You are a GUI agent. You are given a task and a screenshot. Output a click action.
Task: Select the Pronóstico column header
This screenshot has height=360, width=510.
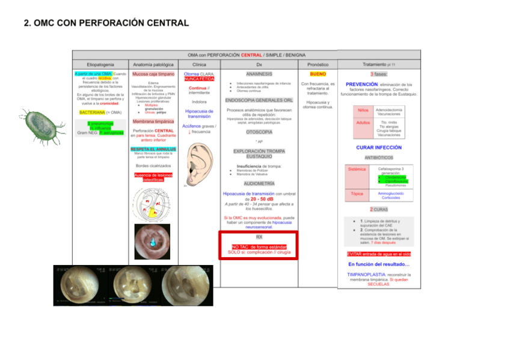pos(318,64)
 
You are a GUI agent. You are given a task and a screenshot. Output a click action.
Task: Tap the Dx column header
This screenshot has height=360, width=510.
pos(259,64)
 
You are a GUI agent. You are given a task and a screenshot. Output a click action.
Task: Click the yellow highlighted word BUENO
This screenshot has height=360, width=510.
pos(318,74)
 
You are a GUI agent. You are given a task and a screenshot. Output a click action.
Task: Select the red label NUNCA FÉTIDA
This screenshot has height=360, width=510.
pos(199,79)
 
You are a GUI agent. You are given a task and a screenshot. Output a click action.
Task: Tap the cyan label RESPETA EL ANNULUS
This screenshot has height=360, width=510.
pos(153,148)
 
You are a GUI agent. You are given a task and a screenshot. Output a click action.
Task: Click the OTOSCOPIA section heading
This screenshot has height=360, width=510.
pos(259,132)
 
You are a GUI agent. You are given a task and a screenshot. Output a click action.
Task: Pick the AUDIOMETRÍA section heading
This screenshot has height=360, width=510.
pos(259,183)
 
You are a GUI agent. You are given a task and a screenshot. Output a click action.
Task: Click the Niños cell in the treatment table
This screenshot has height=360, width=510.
pos(363,111)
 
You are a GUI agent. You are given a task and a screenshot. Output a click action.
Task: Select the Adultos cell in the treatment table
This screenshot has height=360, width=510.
pos(363,123)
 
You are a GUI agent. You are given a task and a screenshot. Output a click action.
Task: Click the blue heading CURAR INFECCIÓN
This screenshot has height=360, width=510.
pos(378,147)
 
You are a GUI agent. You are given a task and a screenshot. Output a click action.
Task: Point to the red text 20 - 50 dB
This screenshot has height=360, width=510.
pos(262,199)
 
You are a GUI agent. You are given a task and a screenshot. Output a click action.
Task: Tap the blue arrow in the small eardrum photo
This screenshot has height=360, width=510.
pos(152,241)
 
